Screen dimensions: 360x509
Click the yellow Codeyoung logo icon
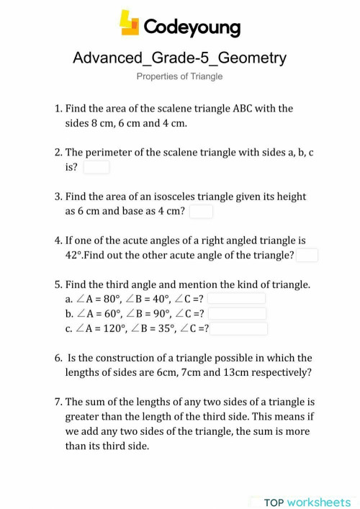(x=130, y=23)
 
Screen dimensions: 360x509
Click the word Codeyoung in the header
(x=192, y=27)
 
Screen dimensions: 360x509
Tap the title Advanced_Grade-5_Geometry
(x=179, y=58)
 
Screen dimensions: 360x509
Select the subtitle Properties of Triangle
(x=179, y=76)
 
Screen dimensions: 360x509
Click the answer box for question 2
(x=96, y=167)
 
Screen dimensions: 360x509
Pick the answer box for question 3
(x=201, y=211)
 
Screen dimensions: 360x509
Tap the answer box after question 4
(x=307, y=255)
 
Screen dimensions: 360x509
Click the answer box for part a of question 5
(x=237, y=298)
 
